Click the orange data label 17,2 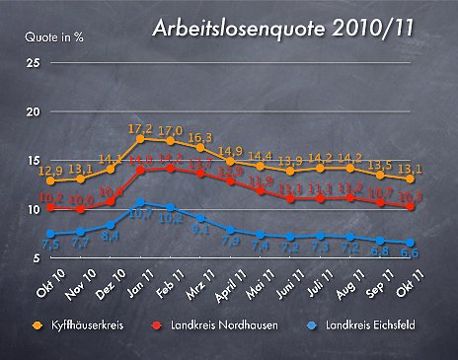coord(140,129)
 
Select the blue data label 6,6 coord(408,254)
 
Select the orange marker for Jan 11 coord(141,139)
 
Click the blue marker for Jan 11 coord(141,202)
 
